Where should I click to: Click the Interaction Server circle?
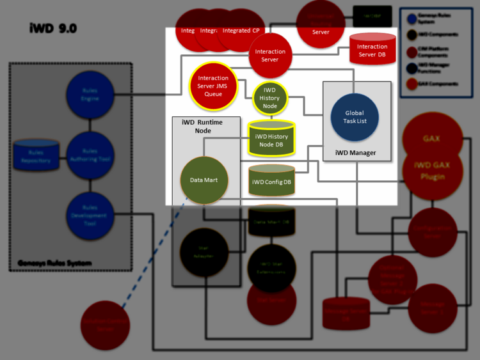270,56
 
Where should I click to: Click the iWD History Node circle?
269,98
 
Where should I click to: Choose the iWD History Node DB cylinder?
271,139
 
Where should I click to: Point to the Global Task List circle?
354,117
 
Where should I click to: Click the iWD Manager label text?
356,152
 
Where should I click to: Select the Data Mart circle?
204,180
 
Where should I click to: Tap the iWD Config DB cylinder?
271,181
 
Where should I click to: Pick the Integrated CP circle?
241,31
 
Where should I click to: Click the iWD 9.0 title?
53,28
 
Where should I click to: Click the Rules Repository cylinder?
36,154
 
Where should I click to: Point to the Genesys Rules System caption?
54,263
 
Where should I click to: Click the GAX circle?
431,138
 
